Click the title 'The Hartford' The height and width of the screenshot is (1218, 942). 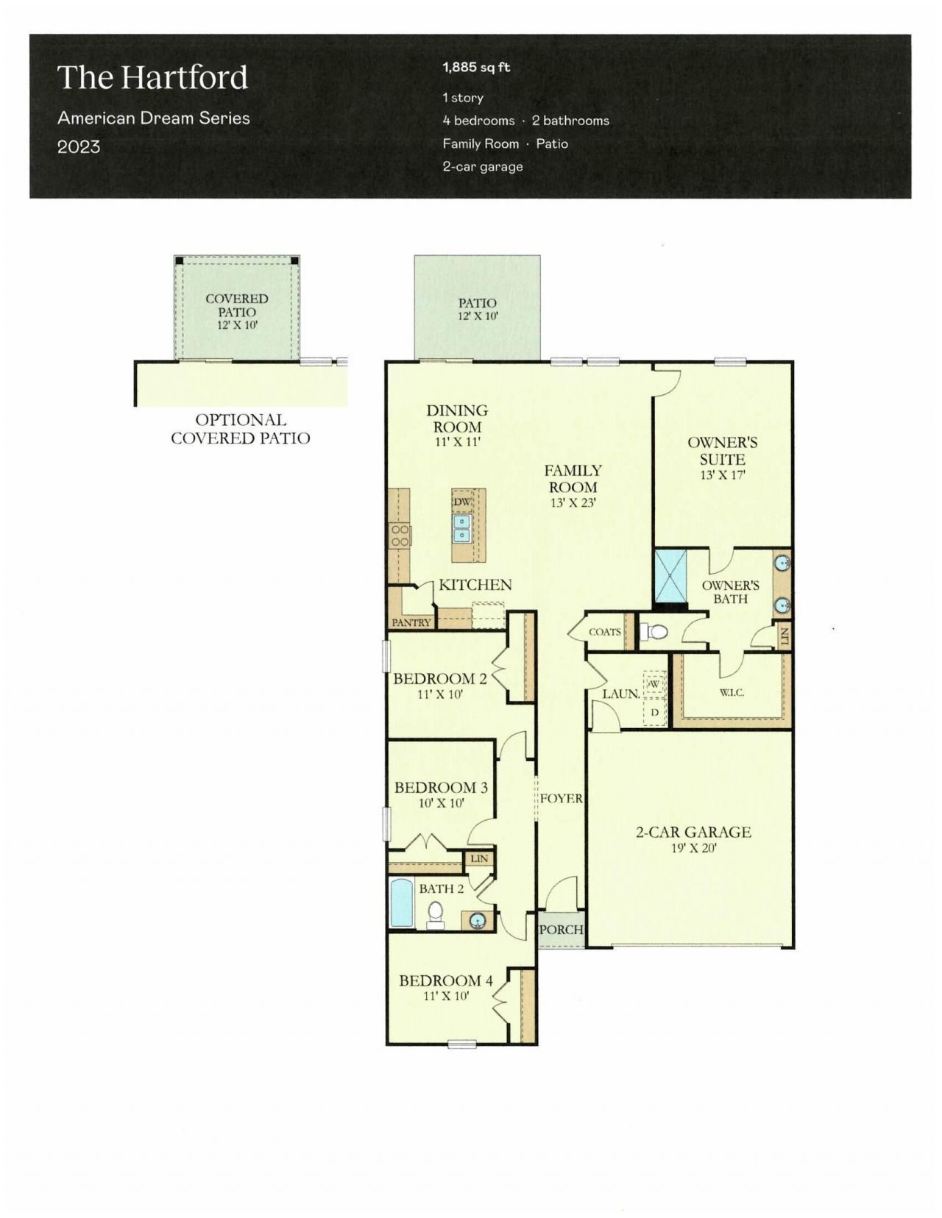(x=153, y=78)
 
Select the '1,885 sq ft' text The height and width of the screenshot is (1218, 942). (x=476, y=68)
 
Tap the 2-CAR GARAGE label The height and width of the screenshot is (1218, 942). (x=693, y=832)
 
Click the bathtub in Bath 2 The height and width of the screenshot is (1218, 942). (x=402, y=902)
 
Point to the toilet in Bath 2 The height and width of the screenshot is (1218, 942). (x=435, y=914)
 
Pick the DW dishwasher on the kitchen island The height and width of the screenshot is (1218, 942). (x=461, y=502)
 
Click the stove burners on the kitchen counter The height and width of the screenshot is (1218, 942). (x=400, y=535)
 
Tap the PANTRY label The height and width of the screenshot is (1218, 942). (x=411, y=622)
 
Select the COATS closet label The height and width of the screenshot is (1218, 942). (x=604, y=632)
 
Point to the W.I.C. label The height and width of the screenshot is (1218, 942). (x=732, y=692)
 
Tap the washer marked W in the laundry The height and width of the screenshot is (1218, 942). (x=654, y=683)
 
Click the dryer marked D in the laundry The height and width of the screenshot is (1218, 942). (x=654, y=711)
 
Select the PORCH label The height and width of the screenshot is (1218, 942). (x=561, y=930)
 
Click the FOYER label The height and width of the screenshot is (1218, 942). (x=562, y=798)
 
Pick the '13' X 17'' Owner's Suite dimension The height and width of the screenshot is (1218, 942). (x=723, y=475)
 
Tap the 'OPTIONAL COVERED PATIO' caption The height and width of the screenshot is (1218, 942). (x=241, y=429)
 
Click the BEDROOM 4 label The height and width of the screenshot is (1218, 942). (x=446, y=980)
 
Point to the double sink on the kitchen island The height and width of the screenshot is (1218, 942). (x=461, y=527)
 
